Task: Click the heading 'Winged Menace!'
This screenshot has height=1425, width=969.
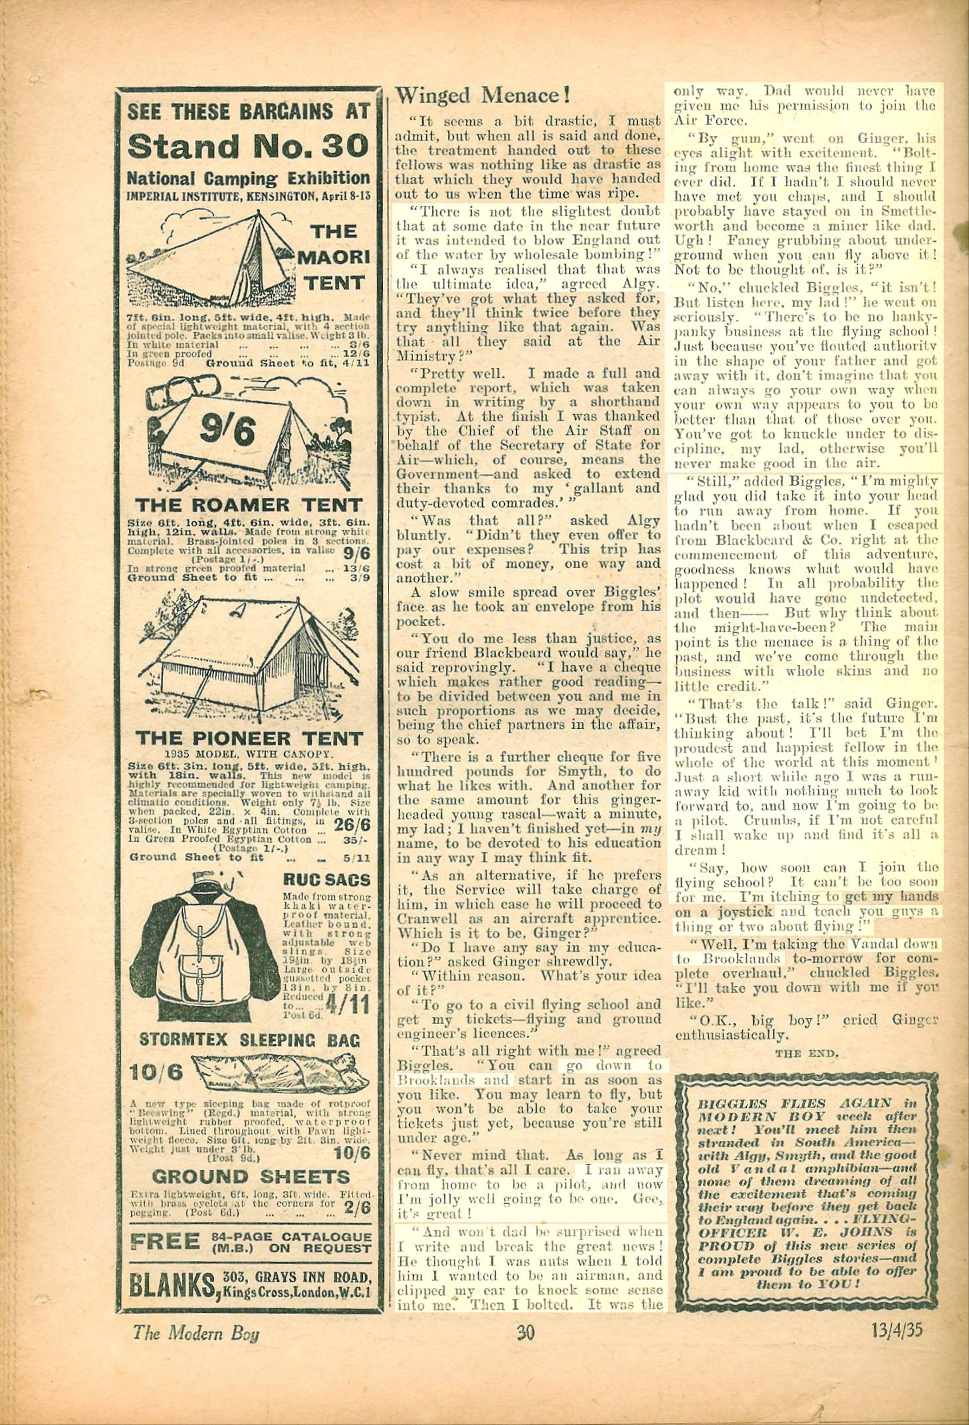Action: click(483, 95)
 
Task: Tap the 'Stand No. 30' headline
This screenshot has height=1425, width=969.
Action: click(248, 146)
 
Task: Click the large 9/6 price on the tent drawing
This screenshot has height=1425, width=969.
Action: click(227, 432)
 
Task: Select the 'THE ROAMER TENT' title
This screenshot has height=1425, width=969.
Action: click(248, 505)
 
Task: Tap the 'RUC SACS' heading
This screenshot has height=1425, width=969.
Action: click(326, 880)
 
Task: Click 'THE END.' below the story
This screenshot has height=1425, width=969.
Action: click(807, 1053)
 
